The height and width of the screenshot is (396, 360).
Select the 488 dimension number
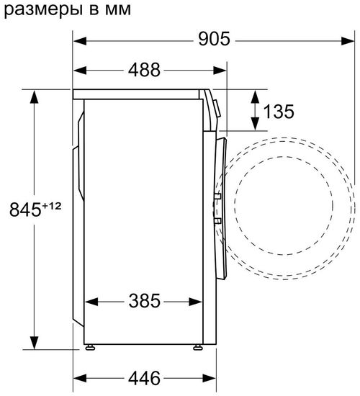pos(144,70)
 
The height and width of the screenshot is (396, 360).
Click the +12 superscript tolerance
pos(53,205)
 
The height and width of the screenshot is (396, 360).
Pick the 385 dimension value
pos(145,300)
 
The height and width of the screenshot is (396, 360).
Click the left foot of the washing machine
pos(90,348)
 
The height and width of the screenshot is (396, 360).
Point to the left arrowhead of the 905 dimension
pos(80,40)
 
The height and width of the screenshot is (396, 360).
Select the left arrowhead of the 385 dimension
pos(90,301)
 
